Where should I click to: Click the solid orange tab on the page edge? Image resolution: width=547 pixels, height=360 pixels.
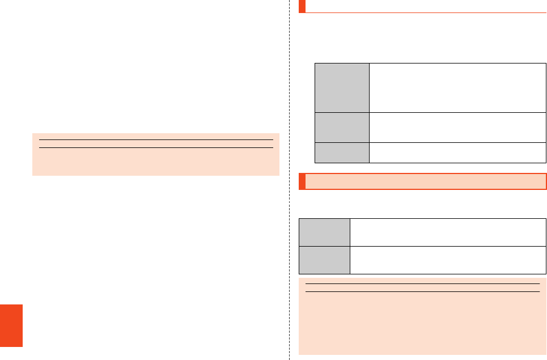click(11, 325)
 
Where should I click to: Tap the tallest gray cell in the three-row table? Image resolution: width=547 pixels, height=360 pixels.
click(342, 88)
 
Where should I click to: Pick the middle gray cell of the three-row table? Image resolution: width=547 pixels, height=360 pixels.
click(342, 128)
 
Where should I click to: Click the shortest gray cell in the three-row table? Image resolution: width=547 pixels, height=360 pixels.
click(342, 153)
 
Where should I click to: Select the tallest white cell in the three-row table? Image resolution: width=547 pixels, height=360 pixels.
click(457, 88)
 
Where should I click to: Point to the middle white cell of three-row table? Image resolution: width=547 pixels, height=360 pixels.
click(457, 128)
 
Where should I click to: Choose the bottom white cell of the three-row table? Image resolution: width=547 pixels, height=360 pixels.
click(457, 153)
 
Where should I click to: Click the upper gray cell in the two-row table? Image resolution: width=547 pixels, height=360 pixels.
click(324, 232)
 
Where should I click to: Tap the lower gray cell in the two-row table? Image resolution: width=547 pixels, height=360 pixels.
click(324, 260)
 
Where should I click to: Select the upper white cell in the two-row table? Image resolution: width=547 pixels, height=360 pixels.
click(448, 232)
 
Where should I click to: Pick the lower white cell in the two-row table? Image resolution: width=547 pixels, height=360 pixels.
click(448, 260)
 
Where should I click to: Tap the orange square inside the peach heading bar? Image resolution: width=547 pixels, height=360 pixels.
click(302, 181)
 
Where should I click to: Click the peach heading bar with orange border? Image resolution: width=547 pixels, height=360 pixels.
click(425, 181)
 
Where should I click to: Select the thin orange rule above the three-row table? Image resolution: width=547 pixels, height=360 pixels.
click(425, 12)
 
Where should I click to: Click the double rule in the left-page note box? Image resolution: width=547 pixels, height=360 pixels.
click(156, 143)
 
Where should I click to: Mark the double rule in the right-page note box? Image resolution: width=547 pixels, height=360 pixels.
click(422, 288)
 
